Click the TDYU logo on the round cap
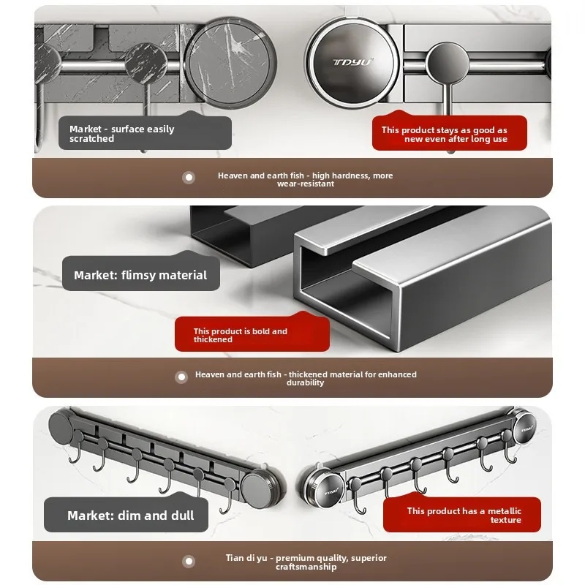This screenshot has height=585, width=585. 353,62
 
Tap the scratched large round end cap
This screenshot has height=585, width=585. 230,63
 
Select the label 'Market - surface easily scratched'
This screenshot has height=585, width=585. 145,133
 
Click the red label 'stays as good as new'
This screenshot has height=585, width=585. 450,132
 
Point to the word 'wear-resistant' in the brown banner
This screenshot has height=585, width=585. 306,184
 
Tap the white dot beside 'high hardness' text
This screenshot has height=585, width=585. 189,177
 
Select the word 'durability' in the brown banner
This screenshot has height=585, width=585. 305,382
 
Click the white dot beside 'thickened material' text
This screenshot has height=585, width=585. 181,377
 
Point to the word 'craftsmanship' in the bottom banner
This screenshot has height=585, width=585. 306,567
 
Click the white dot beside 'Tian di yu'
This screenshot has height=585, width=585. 189,561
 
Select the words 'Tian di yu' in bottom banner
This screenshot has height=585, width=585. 246,558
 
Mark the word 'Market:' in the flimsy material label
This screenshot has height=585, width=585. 96,275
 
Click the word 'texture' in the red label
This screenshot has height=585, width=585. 505,520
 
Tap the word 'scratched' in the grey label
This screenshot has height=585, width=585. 92,138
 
